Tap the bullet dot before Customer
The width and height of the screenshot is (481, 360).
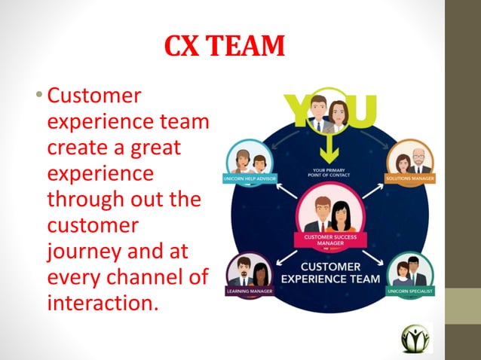40,96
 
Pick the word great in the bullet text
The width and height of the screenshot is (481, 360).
155,148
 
